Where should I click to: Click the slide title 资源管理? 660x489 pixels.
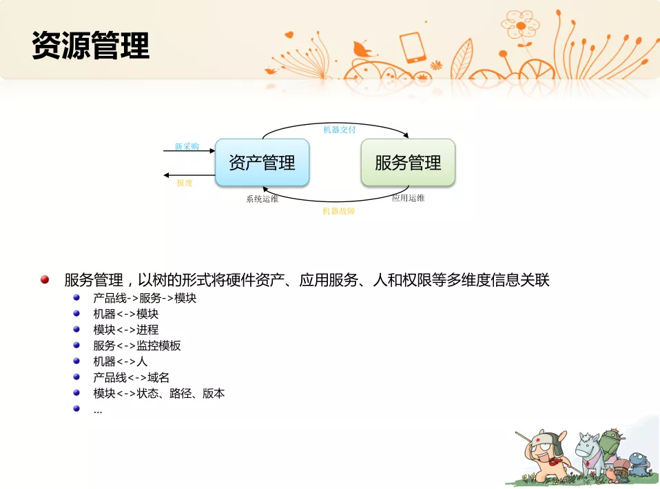pyautogui.click(x=90, y=45)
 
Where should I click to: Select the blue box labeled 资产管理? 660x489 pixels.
pyautogui.click(x=262, y=162)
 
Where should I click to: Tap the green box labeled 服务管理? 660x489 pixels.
pyautogui.click(x=408, y=162)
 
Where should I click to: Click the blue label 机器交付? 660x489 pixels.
pyautogui.click(x=339, y=130)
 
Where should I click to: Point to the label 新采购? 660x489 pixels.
pyautogui.click(x=187, y=146)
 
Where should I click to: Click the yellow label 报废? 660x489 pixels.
pyautogui.click(x=185, y=183)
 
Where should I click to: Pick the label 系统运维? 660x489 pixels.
pyautogui.click(x=262, y=199)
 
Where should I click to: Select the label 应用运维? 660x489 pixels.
pyautogui.click(x=409, y=198)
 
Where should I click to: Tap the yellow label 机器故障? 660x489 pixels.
pyautogui.click(x=339, y=211)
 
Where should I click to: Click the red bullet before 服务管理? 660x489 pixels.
pyautogui.click(x=45, y=279)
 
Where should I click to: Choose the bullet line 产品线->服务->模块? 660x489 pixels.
pyautogui.click(x=145, y=298)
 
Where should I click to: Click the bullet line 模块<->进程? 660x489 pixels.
pyautogui.click(x=126, y=330)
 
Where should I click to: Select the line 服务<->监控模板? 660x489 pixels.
pyautogui.click(x=137, y=346)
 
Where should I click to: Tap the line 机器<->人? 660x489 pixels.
pyautogui.click(x=121, y=361)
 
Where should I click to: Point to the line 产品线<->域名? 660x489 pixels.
pyautogui.click(x=132, y=377)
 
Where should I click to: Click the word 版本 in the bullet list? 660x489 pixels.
pyautogui.click(x=214, y=393)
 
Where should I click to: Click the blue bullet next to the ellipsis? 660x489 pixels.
pyautogui.click(x=76, y=408)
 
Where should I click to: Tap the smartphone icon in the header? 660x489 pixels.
pyautogui.click(x=413, y=47)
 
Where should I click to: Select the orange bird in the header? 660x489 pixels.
pyautogui.click(x=363, y=50)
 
